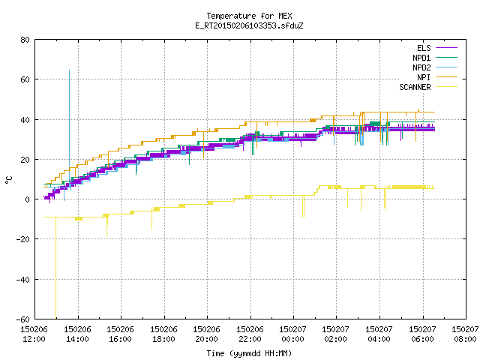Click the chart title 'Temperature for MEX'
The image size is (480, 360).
point(249,16)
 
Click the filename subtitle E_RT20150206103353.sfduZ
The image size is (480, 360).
point(249,25)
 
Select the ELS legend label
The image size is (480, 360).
point(424,48)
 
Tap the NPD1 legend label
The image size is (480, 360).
point(421,58)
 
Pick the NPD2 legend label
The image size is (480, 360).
point(421,67)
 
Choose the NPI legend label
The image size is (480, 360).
point(424,77)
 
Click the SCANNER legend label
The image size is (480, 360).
point(415,87)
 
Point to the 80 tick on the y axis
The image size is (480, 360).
point(25,40)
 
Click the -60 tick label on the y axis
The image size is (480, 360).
point(23,319)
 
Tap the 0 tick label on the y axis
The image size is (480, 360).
point(28,199)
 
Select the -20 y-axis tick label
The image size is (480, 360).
point(23,239)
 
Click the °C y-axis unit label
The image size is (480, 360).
point(8,180)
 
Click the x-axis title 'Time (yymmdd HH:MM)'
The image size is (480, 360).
point(249,353)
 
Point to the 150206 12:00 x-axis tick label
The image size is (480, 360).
point(34,334)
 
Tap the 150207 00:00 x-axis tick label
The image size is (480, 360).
point(293,334)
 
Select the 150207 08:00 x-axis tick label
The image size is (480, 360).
point(465,334)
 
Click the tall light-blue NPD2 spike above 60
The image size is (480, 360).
point(69,128)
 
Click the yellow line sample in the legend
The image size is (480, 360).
point(447,87)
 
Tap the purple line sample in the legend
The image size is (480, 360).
point(447,48)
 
